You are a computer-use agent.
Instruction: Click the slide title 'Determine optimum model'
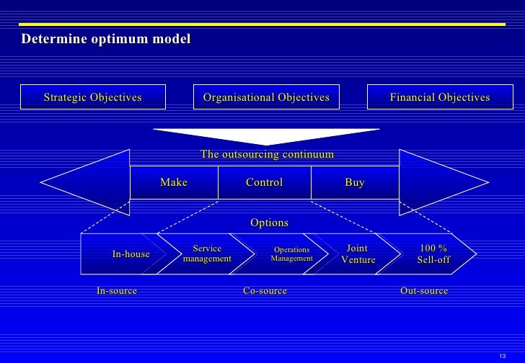[x=106, y=38]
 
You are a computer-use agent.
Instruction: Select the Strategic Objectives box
[x=93, y=97]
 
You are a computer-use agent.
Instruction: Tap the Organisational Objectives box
[x=266, y=97]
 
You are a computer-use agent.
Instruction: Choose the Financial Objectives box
[x=439, y=97]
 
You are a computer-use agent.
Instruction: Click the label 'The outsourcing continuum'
[x=267, y=154]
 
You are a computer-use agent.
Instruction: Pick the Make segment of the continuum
[x=173, y=183]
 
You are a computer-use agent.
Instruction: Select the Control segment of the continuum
[x=264, y=183]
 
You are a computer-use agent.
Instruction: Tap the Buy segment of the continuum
[x=354, y=183]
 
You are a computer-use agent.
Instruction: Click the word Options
[x=269, y=223]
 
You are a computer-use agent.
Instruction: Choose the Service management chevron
[x=207, y=254]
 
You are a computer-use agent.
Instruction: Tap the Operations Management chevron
[x=291, y=254]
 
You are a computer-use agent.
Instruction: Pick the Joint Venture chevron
[x=358, y=254]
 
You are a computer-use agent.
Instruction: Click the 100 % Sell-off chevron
[x=433, y=254]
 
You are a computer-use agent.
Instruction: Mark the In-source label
[x=117, y=291]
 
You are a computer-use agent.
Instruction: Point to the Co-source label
[x=265, y=291]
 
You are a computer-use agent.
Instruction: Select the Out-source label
[x=424, y=291]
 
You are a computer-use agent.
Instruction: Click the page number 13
[x=503, y=355]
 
